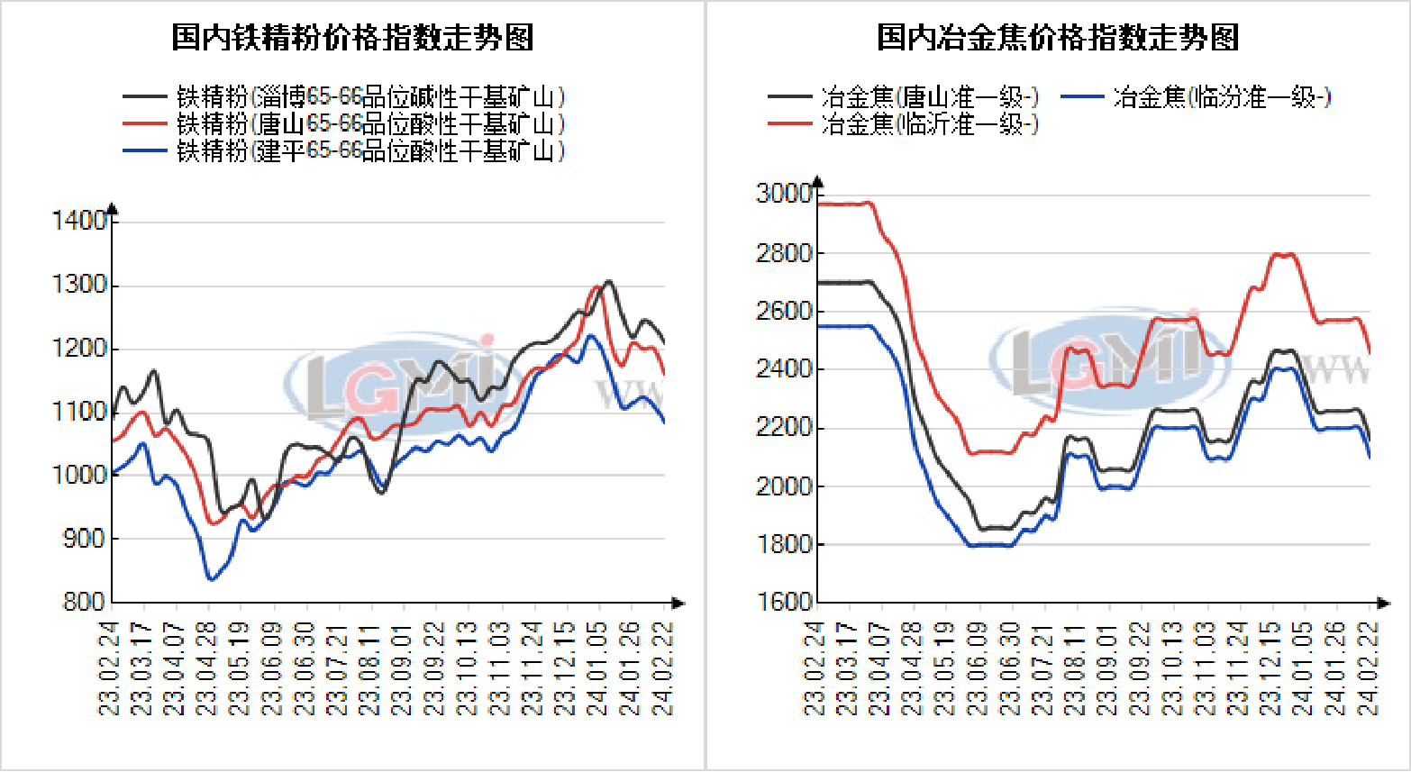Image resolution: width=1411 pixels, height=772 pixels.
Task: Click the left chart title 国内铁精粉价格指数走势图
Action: [x=352, y=38]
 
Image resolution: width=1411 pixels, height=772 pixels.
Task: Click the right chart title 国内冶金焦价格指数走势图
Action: [x=1058, y=38]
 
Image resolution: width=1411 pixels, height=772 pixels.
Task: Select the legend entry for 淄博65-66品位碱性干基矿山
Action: [x=369, y=96]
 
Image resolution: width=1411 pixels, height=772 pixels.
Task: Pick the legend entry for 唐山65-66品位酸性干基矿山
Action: [x=369, y=123]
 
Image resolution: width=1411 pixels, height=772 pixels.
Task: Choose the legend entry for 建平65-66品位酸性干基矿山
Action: [x=369, y=150]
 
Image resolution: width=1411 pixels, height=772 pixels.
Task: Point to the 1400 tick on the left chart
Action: [x=79, y=221]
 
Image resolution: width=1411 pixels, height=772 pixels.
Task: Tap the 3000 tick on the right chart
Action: [x=784, y=194]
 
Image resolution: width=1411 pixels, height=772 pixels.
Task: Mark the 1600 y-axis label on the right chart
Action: [x=784, y=601]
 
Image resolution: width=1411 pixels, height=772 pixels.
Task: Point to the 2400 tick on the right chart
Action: [x=784, y=368]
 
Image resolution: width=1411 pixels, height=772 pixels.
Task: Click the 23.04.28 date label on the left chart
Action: [x=207, y=668]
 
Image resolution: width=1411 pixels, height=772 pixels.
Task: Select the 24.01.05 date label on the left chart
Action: [x=597, y=668]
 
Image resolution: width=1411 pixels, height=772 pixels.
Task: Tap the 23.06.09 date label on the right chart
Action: [x=979, y=668]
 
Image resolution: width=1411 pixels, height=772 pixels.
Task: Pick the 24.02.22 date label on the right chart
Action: [x=1369, y=668]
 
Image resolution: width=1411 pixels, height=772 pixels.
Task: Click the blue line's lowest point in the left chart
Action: [x=212, y=579]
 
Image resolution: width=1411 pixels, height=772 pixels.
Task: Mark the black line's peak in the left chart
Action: [x=609, y=281]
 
